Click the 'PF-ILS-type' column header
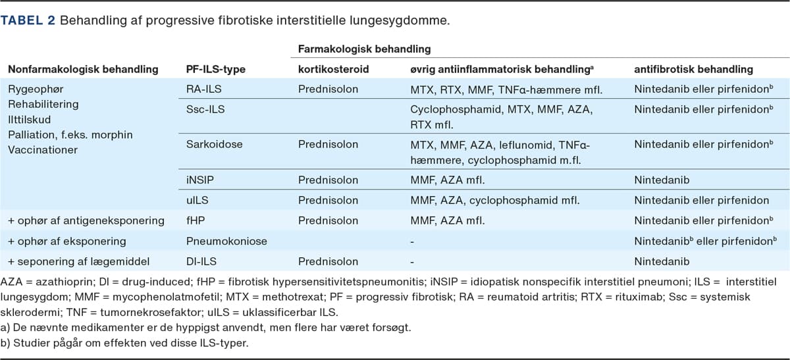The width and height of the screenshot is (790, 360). point(215,69)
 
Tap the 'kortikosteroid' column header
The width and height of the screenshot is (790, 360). point(334,69)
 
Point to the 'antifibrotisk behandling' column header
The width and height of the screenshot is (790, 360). point(693,69)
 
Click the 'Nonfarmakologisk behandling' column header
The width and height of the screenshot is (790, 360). point(83,69)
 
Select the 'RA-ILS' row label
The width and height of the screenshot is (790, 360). point(203,90)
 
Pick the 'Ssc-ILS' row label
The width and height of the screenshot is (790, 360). point(205,109)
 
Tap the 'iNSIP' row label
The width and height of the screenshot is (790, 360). point(201,180)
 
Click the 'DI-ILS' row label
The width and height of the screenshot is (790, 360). point(202,262)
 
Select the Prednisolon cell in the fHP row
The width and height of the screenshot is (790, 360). point(328,221)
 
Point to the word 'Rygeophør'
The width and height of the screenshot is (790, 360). point(36,90)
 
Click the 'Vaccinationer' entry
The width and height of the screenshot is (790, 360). point(43,150)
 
